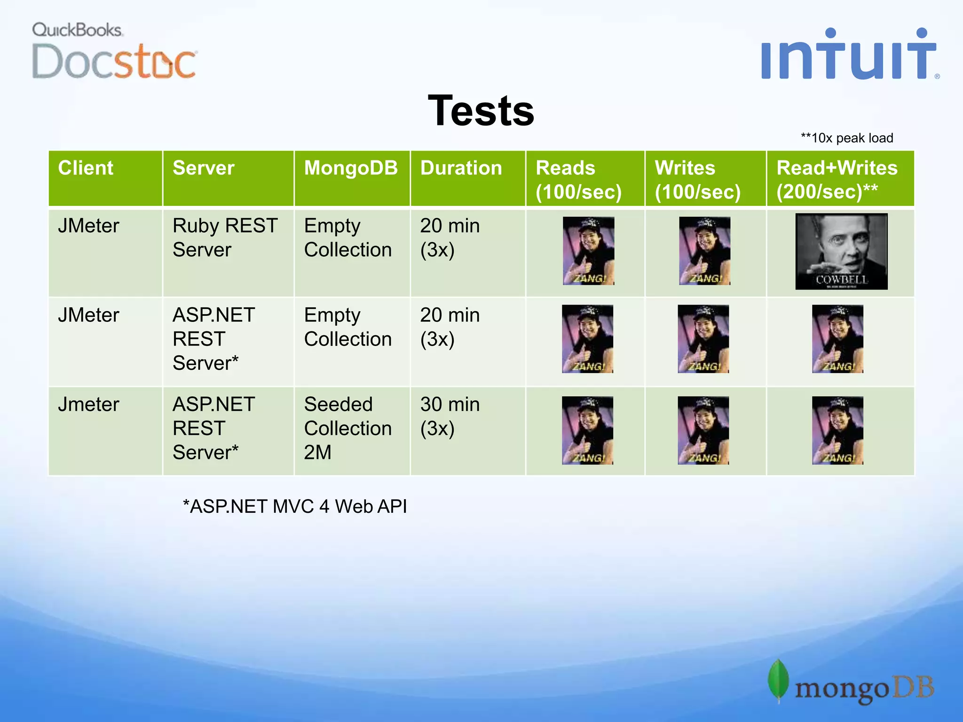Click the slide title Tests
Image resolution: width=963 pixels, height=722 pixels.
481,111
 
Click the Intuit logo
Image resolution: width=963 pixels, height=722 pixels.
849,55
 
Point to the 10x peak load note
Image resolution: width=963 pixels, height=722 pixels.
847,138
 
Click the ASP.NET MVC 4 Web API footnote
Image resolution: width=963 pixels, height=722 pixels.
295,507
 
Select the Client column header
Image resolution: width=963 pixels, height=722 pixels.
86,168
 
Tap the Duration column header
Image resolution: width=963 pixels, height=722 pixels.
461,168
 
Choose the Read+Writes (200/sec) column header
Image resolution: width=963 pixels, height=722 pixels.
837,180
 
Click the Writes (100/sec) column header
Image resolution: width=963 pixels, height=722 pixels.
698,180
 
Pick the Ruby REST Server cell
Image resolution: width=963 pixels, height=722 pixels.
225,238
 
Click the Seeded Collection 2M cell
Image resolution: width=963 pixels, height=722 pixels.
348,428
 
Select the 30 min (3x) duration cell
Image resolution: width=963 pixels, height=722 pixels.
450,416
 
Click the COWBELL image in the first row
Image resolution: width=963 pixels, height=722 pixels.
841,251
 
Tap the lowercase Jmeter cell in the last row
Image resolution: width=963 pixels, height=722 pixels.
89,405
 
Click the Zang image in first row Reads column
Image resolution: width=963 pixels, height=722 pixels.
588,251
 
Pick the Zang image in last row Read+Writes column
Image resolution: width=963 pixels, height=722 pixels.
837,431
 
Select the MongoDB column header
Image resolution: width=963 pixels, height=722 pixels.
351,168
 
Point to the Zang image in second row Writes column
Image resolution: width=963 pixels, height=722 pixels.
703,339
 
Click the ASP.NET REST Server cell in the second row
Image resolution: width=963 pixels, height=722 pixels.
214,339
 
